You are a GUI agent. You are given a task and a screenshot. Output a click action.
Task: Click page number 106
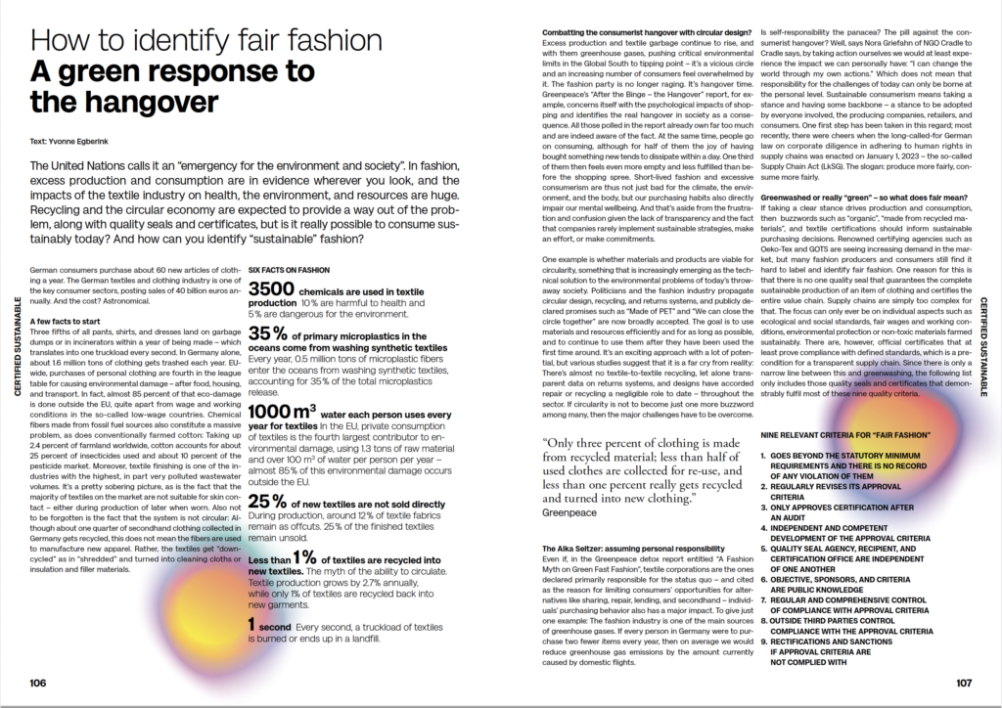[x=36, y=682]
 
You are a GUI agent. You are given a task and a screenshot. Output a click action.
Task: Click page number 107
[x=963, y=682]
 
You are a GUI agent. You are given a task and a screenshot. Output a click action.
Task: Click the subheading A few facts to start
[x=69, y=321]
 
